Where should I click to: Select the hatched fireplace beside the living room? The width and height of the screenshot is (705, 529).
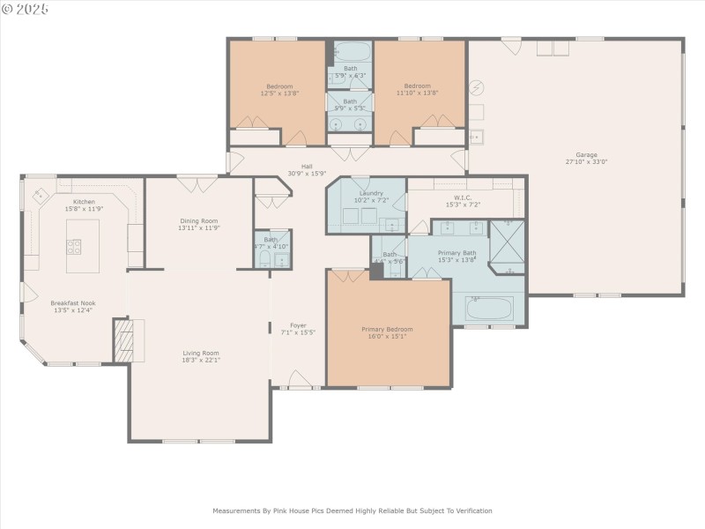(122, 339)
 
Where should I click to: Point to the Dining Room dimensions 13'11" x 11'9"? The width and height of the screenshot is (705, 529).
(197, 228)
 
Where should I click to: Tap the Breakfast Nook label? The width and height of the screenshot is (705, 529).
(74, 302)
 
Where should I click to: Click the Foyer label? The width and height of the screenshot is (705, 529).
(298, 324)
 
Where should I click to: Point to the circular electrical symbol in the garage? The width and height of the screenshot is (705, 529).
(477, 87)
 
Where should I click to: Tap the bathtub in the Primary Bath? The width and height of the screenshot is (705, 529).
(488, 309)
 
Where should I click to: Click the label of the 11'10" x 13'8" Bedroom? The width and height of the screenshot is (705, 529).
(418, 86)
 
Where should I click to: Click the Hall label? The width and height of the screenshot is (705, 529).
(307, 166)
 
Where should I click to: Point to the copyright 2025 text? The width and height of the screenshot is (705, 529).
(26, 9)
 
